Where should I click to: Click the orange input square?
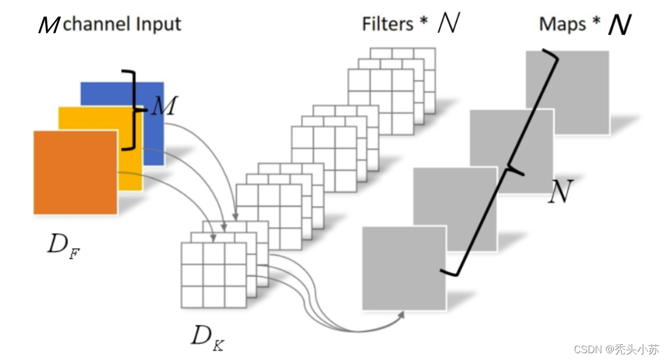[75, 172]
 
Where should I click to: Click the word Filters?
[387, 24]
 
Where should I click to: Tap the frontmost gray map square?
[403, 268]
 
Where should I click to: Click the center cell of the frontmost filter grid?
[214, 275]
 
